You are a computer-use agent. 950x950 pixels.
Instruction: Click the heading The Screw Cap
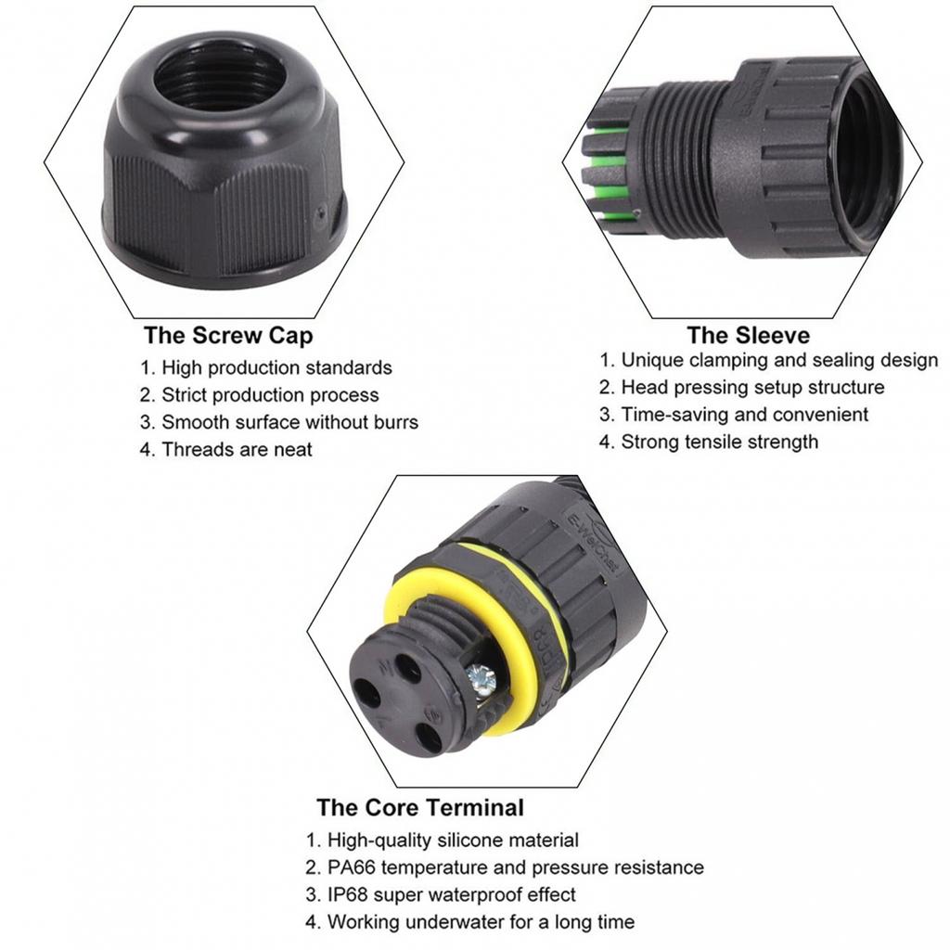pyautogui.click(x=228, y=335)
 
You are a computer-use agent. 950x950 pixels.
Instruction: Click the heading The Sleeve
pyautogui.click(x=748, y=335)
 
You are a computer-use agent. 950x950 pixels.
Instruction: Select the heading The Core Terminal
pyautogui.click(x=419, y=807)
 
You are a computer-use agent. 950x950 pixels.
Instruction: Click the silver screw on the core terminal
pyautogui.click(x=481, y=681)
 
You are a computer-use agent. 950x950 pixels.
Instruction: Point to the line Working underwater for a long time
pyautogui.click(x=480, y=922)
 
